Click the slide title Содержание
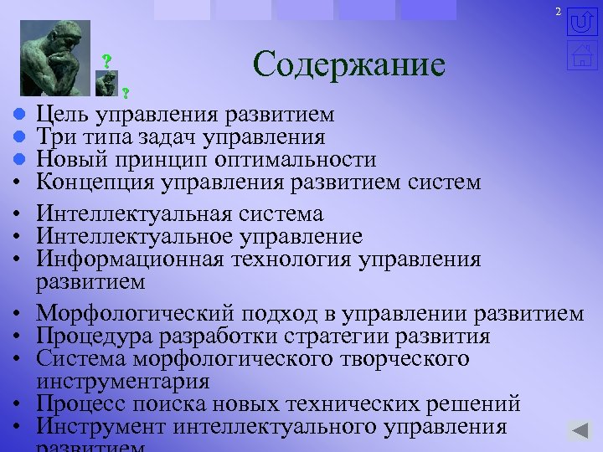(348, 64)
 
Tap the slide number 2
(557, 11)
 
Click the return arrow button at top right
(582, 21)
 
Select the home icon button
(582, 56)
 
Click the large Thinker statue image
(55, 57)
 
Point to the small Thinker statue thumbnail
(106, 84)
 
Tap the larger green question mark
(106, 61)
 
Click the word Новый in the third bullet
(72, 159)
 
